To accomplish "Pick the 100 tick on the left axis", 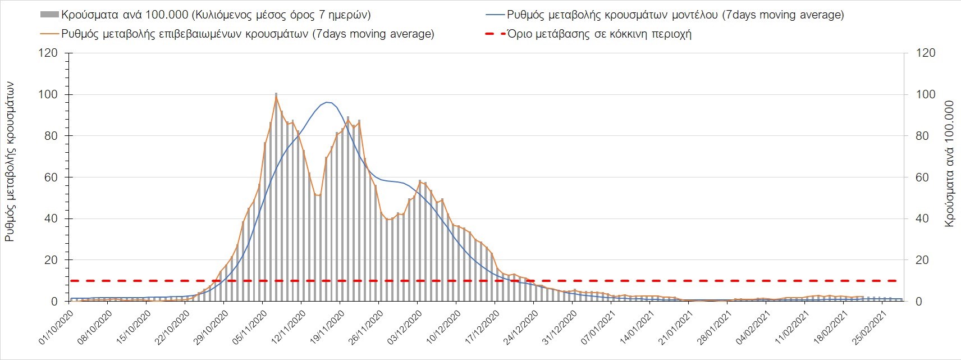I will tap(48, 94).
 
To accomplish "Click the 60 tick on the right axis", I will tap(926, 177).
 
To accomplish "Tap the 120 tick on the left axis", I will tap(48, 53).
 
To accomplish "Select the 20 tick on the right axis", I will tap(926, 260).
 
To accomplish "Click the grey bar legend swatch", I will tap(49, 15).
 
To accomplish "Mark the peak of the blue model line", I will tap(328, 102).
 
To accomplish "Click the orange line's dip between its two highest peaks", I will tap(318, 195).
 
